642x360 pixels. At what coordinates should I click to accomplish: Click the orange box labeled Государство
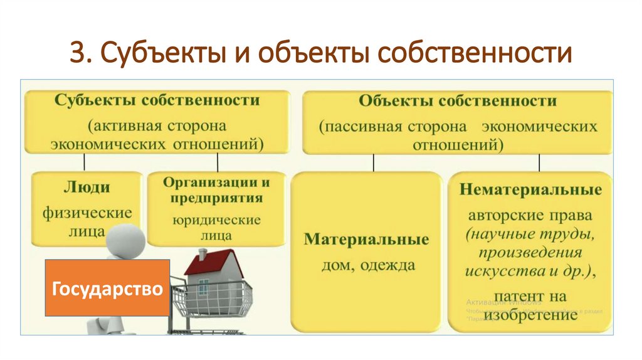107,288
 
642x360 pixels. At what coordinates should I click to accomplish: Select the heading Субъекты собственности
157,100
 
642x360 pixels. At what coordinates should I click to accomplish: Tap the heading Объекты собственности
457,100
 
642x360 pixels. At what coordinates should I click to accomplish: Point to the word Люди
87,187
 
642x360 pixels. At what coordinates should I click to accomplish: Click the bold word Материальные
366,240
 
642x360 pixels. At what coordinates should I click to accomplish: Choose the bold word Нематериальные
530,189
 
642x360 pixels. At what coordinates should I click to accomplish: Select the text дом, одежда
367,265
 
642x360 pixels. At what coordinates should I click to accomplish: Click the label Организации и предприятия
216,190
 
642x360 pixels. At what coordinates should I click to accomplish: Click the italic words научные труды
530,235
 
